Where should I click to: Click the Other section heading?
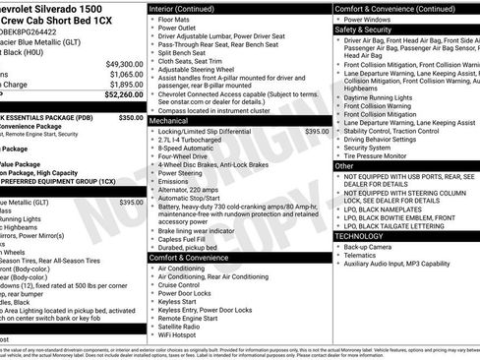pyautogui.click(x=344, y=166)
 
